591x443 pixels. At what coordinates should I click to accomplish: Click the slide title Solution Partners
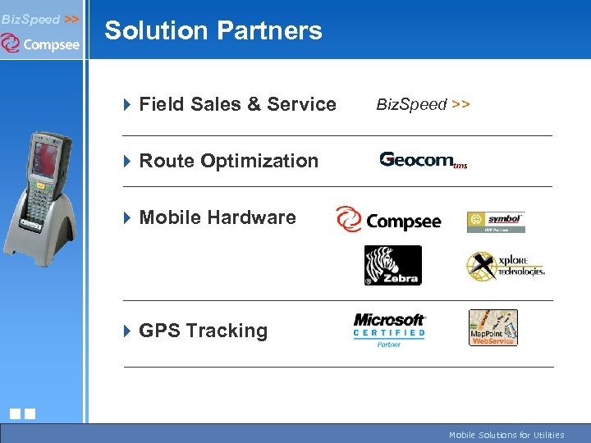tap(213, 30)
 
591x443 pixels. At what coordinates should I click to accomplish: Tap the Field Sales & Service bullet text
tap(237, 104)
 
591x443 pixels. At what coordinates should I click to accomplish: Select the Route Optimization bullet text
tap(228, 161)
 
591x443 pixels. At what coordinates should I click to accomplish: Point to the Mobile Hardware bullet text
tap(218, 217)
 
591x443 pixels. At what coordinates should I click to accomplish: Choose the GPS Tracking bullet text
tap(203, 331)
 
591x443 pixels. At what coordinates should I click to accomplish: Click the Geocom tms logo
tap(424, 160)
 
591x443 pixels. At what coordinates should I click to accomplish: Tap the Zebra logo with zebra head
tap(392, 265)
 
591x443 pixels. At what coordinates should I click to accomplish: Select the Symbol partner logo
tap(496, 221)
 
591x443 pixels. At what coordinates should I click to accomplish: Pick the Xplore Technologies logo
tap(505, 265)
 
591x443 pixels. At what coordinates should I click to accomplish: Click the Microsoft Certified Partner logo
tap(389, 330)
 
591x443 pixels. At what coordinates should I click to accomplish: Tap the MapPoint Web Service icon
tap(492, 327)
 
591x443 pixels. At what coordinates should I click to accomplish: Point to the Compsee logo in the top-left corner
tap(41, 43)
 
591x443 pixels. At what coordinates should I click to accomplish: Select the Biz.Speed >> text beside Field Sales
tap(423, 104)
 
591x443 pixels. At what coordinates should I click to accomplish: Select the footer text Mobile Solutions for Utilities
tap(506, 435)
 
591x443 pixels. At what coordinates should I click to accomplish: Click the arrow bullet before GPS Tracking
tap(127, 331)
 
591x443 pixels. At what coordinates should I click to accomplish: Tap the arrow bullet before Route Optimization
tap(127, 162)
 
